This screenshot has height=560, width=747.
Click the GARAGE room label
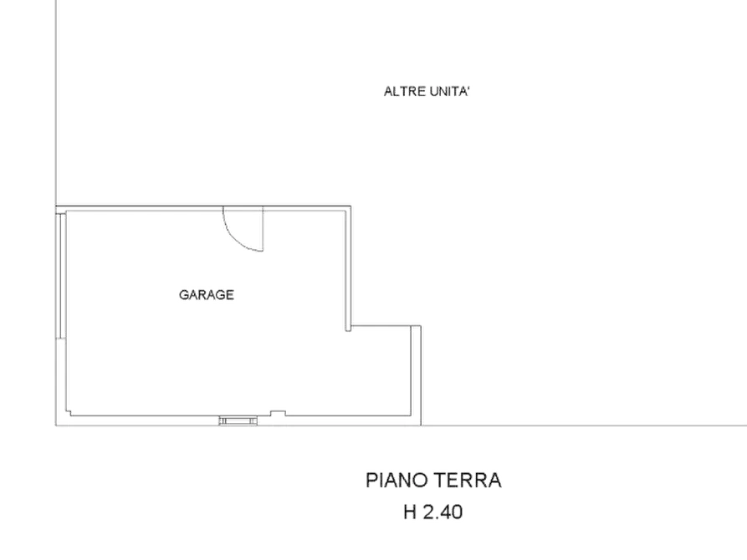(x=205, y=295)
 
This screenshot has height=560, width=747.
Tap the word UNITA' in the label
(x=453, y=92)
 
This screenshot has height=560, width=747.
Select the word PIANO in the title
(x=395, y=481)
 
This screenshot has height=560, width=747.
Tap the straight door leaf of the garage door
(x=263, y=230)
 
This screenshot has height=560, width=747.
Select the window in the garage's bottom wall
(x=236, y=420)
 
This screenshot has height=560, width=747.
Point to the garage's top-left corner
(x=61, y=208)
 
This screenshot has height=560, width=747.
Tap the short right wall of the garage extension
(x=417, y=372)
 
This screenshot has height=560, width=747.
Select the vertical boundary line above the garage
(x=57, y=100)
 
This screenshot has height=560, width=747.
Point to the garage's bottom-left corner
(x=65, y=414)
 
